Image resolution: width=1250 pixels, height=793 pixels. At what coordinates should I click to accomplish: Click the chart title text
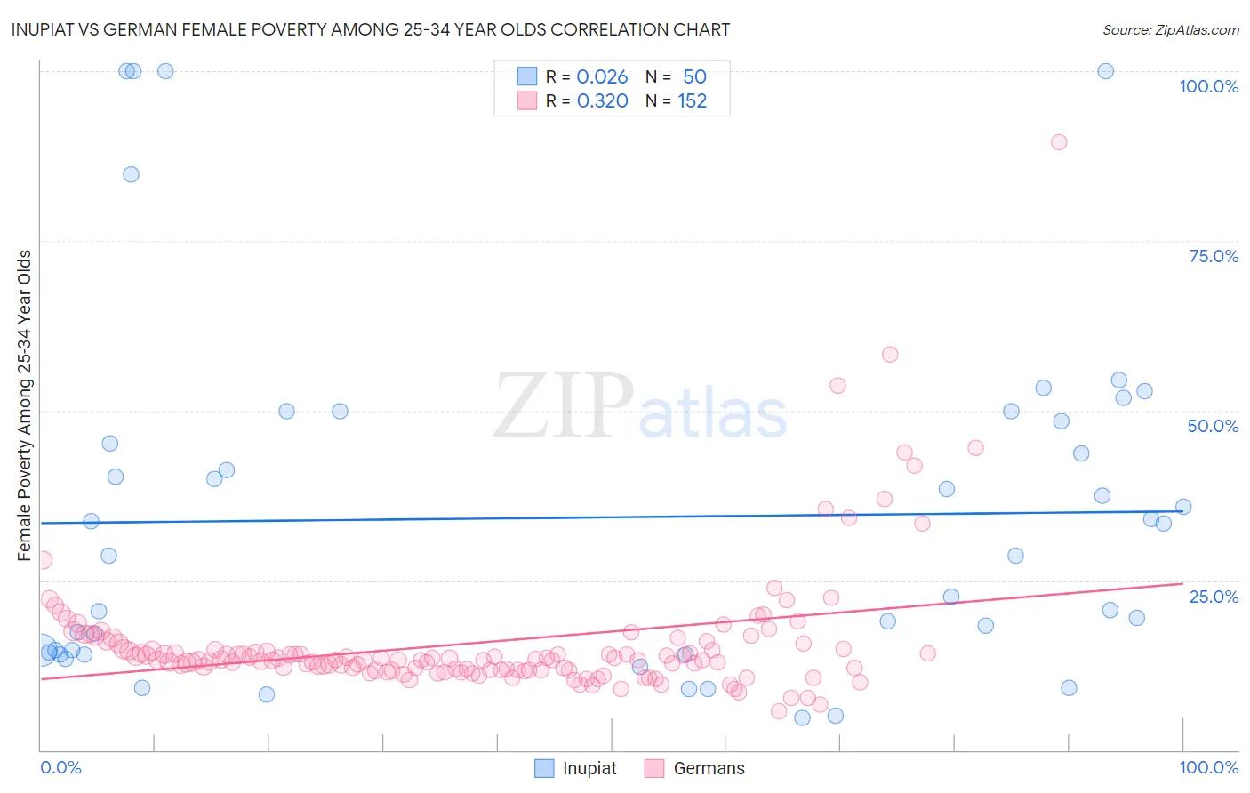pos(370,29)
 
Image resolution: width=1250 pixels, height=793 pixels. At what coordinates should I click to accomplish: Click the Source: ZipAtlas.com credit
pos(1170,29)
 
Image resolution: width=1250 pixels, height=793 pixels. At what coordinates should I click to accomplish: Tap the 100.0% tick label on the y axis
pos(1208,86)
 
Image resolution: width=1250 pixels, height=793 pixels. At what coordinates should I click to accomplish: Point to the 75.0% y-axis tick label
pos(1214,256)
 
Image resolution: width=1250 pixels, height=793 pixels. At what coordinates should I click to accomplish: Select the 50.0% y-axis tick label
pos(1213,426)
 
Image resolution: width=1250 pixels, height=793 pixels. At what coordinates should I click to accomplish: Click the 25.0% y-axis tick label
pos(1214,596)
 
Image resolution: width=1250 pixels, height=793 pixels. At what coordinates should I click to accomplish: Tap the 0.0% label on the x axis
pos(60,767)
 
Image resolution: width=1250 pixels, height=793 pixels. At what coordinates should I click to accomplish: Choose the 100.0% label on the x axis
pos(1208,767)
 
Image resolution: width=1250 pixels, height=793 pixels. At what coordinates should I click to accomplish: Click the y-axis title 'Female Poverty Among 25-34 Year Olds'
pos(25,405)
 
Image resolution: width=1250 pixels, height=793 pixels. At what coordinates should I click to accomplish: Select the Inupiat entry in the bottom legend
pos(589,768)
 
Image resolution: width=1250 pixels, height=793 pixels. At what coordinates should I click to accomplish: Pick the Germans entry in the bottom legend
pos(709,768)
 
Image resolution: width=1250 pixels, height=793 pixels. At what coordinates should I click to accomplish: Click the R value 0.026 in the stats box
pos(602,77)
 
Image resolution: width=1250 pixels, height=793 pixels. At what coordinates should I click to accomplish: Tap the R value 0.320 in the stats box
pos(602,101)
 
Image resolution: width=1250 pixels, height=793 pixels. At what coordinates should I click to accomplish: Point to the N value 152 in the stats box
pos(692,101)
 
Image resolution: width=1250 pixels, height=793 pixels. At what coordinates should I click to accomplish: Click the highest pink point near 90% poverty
pos(1058,142)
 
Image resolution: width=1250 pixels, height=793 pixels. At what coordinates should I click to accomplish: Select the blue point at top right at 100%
pos(1105,71)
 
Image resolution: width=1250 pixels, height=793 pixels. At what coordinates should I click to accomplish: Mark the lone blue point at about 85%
pos(131,174)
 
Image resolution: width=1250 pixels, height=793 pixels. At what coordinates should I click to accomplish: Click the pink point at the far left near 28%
pos(43,560)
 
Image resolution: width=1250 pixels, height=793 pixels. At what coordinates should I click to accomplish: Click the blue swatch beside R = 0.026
pos(527,76)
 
